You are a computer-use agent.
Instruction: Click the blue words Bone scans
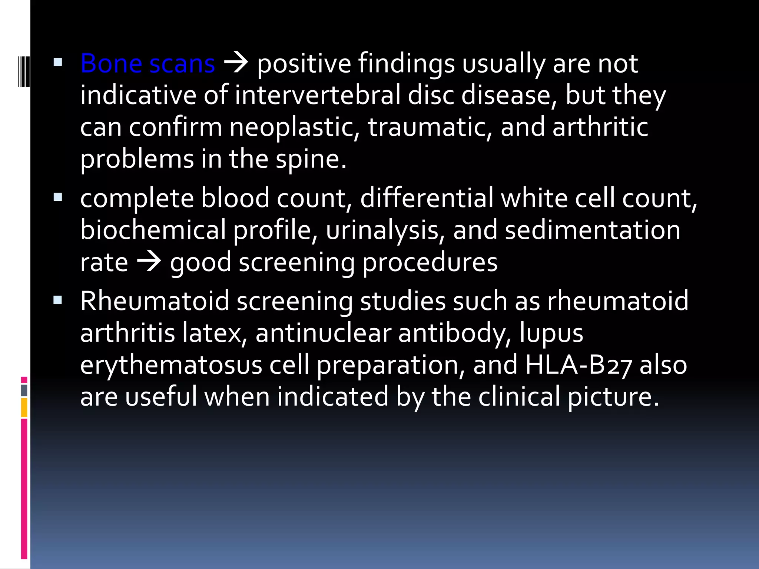148,63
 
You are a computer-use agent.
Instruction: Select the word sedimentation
592,230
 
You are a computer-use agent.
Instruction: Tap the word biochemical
153,230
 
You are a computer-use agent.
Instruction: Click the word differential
427,198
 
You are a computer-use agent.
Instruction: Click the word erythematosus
171,365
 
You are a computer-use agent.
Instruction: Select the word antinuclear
323,333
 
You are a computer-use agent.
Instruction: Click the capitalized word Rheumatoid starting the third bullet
155,301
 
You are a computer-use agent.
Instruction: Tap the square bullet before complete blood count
57,197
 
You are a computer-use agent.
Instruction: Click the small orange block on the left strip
24,407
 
